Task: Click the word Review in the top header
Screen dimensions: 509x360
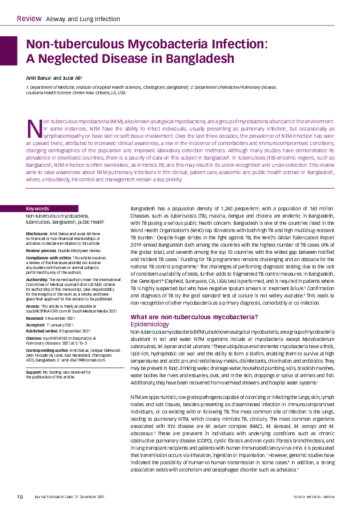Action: point(29,19)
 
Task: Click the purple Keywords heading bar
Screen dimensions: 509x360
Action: point(69,209)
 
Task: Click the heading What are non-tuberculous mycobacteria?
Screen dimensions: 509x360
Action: point(194,317)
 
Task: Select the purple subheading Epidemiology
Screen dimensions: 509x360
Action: point(150,324)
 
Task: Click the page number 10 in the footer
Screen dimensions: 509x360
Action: point(20,497)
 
